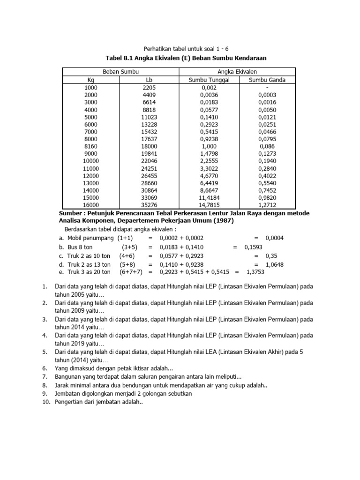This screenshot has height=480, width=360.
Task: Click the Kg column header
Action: [91, 80]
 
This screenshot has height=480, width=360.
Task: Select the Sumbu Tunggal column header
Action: [209, 80]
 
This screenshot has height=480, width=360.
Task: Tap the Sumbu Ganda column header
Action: [267, 80]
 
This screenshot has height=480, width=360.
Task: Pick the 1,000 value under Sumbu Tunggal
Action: [209, 146]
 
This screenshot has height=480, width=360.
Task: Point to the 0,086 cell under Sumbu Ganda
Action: [267, 146]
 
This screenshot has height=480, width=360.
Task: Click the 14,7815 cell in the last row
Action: [209, 205]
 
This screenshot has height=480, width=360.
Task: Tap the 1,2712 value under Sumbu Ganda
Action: [267, 205]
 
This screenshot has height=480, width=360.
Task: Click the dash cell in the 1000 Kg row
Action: [267, 87]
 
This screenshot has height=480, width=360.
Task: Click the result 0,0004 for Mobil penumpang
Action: [274, 238]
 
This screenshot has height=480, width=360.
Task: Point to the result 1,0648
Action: [274, 264]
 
